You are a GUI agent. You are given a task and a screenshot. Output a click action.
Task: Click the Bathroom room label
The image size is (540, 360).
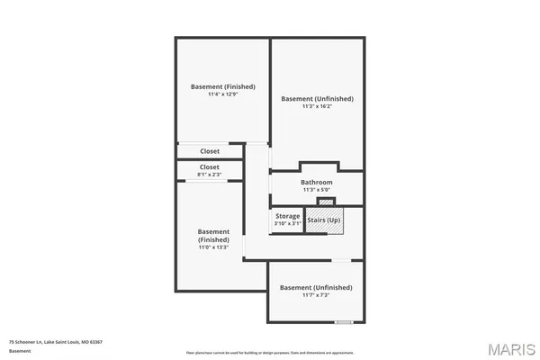pos(317,183)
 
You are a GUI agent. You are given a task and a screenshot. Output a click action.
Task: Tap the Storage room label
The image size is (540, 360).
pos(288,216)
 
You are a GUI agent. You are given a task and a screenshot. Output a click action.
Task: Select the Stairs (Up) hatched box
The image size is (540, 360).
pos(324,220)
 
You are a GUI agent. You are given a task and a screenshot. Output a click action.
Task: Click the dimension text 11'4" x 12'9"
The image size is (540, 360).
pos(223,94)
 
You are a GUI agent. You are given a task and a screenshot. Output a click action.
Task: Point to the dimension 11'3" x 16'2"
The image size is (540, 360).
pos(317,106)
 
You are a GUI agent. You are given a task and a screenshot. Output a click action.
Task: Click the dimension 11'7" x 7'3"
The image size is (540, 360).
pos(316,295)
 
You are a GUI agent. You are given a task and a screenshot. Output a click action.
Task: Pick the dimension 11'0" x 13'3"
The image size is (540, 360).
pos(213,247)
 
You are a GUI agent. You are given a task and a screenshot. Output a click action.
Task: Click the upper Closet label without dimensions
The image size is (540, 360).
pos(210,151)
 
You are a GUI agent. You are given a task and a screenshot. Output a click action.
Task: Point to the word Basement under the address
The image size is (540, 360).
pos(20,351)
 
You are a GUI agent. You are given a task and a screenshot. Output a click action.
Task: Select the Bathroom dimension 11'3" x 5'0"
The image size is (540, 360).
pos(317,190)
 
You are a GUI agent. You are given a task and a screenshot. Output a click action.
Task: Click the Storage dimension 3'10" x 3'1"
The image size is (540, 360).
pos(288,223)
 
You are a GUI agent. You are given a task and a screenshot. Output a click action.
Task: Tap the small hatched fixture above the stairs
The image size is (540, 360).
pos(326,202)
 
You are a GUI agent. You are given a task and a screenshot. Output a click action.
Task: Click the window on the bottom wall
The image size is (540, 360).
pos(343,321)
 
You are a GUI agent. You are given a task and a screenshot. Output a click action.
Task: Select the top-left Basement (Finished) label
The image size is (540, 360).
pos(223,86)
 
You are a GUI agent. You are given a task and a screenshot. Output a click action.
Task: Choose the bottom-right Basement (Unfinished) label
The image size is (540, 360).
pos(316,287)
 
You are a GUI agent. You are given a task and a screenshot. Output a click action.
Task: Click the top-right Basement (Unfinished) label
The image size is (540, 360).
pos(317,98)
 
